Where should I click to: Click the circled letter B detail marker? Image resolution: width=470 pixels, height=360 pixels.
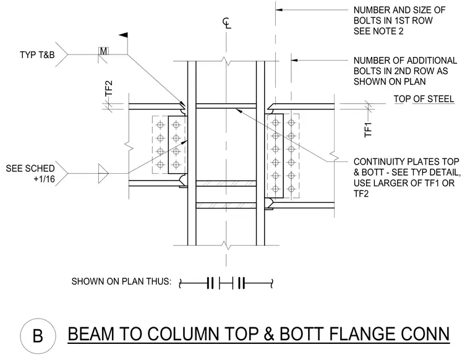(x=38, y=336)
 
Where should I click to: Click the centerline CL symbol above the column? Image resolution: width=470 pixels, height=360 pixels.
(x=227, y=23)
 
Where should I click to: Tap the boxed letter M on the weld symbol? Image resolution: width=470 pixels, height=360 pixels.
(x=103, y=51)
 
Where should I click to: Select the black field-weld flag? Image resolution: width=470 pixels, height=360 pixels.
(x=124, y=35)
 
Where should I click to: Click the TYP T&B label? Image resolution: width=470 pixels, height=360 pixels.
(x=37, y=55)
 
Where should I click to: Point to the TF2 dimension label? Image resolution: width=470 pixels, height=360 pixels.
(x=109, y=88)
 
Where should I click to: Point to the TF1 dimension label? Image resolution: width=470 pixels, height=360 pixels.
(x=368, y=129)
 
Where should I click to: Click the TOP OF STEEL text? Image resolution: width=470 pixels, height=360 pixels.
(x=424, y=99)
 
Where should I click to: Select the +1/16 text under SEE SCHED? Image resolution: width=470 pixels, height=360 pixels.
(x=45, y=179)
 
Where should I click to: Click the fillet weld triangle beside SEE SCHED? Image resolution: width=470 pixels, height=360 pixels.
(x=103, y=173)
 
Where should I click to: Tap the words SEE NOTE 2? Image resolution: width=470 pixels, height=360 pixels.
(x=378, y=31)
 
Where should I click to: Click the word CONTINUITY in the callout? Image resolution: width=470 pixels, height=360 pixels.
(x=382, y=162)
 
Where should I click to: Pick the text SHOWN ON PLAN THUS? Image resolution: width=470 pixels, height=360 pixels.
(x=121, y=281)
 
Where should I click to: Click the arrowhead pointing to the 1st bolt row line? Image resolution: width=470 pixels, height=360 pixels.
(x=279, y=10)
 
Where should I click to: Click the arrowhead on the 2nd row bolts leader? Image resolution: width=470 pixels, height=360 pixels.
(x=294, y=60)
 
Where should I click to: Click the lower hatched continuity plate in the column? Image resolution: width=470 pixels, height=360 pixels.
(x=226, y=205)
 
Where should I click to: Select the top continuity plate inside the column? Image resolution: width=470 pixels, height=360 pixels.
(x=226, y=106)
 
